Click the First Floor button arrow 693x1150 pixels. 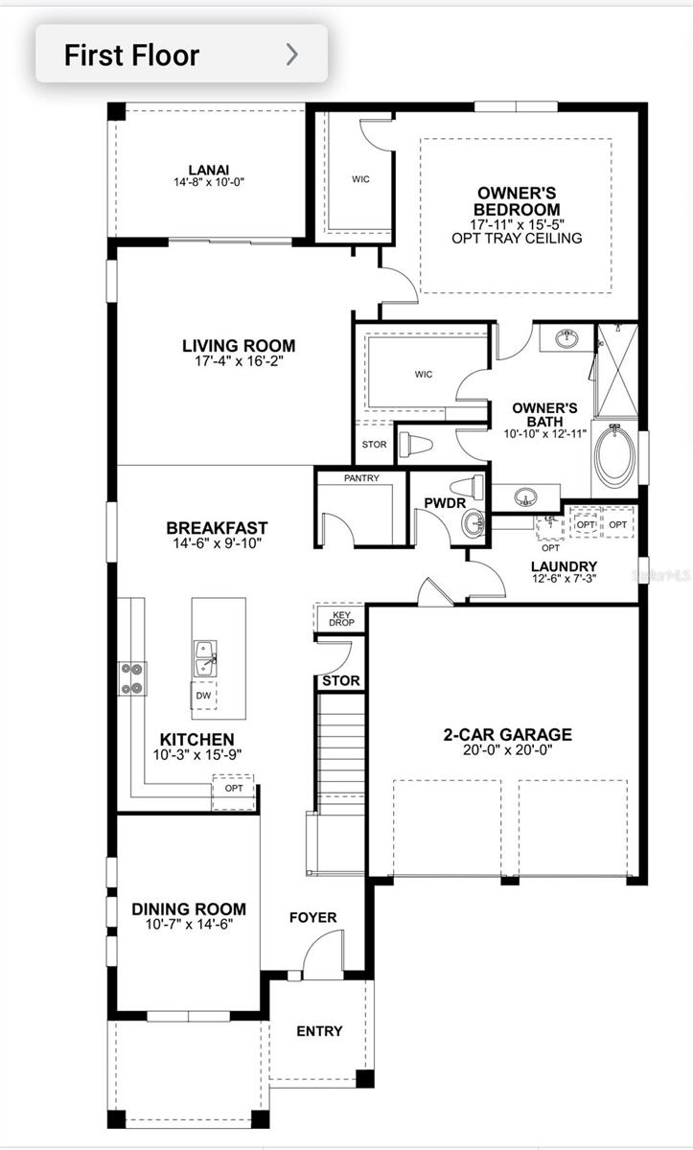(x=292, y=55)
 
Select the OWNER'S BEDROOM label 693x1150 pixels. (x=518, y=201)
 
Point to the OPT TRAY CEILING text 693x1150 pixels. (x=517, y=238)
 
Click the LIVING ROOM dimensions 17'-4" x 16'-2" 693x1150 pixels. (x=239, y=361)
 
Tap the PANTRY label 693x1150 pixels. (x=361, y=477)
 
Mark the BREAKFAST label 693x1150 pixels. (x=217, y=528)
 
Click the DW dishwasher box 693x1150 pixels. (x=203, y=696)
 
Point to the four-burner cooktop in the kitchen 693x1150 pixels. (x=130, y=678)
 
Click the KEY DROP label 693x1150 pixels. (x=342, y=619)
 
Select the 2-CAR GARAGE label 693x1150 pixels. (x=507, y=735)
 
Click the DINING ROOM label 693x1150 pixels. (x=189, y=908)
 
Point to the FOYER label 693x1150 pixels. (x=313, y=917)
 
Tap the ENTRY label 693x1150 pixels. (x=319, y=1031)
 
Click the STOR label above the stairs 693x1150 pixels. (x=340, y=681)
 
